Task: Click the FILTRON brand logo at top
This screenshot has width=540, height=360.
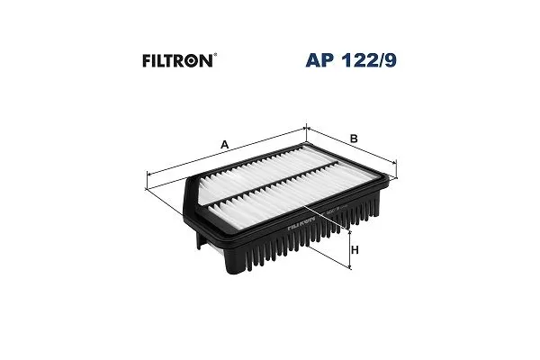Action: click(179, 60)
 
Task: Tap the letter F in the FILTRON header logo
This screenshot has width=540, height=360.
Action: click(147, 61)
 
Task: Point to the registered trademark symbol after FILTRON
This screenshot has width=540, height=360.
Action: click(215, 54)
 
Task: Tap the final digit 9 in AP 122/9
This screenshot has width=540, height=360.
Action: click(391, 60)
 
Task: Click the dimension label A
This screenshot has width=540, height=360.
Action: click(224, 144)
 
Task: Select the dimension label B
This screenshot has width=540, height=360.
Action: click(354, 139)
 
